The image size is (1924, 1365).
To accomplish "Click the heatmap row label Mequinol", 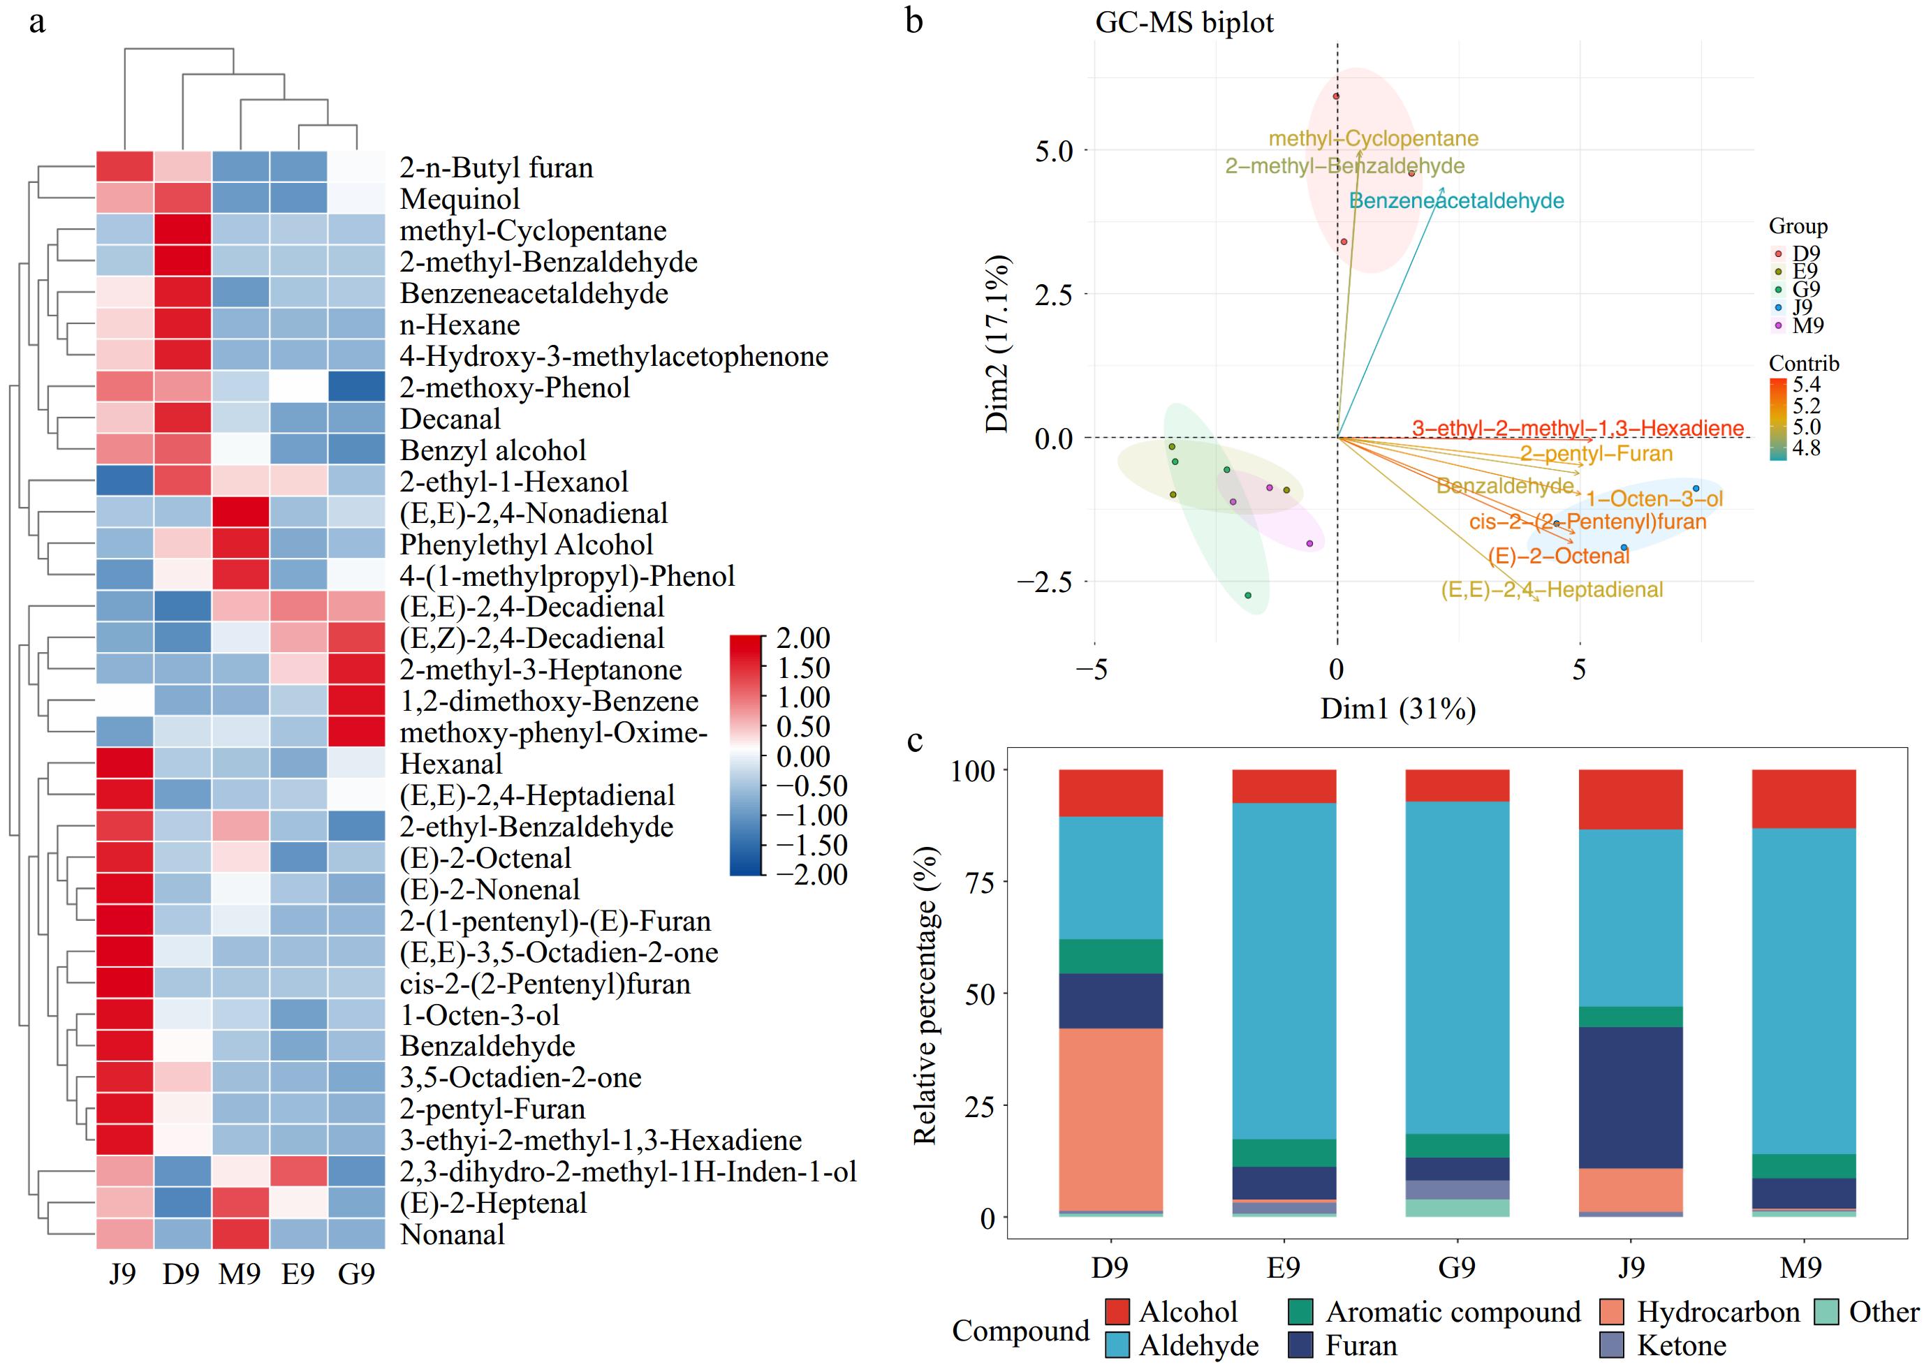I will click(x=459, y=199).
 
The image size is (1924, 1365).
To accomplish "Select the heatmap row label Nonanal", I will click(x=453, y=1234).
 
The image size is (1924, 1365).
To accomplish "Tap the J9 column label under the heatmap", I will click(x=123, y=1274).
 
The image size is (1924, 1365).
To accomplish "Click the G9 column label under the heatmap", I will click(x=355, y=1274).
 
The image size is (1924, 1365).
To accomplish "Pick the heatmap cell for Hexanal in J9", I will click(x=124, y=764).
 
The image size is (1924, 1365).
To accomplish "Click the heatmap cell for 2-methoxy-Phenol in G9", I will click(x=355, y=388).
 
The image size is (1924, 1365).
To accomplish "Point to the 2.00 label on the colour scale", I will click(x=802, y=638).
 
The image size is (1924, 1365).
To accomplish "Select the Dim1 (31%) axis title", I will click(x=1398, y=709).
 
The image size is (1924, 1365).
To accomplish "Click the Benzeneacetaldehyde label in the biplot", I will click(x=1456, y=201).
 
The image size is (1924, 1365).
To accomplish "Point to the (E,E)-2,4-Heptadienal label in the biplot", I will click(x=1552, y=590).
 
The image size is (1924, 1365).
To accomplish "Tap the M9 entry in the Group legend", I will click(x=1807, y=325).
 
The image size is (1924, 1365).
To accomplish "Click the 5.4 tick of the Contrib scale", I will click(x=1806, y=385).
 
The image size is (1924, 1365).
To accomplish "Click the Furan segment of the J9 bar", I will click(x=1631, y=1098).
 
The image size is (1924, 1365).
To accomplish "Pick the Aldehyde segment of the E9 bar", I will click(x=1284, y=971).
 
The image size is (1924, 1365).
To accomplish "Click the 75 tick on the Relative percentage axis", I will click(x=980, y=883).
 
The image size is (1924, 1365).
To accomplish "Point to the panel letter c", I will click(x=916, y=739).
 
